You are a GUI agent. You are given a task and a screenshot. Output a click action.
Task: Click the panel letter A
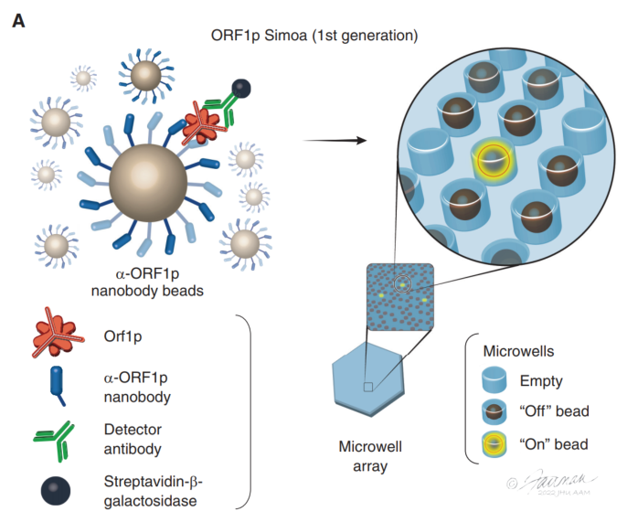[17, 19]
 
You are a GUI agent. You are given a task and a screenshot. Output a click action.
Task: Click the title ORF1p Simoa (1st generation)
[313, 37]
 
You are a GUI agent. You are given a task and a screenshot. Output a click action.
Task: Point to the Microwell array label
[369, 454]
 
